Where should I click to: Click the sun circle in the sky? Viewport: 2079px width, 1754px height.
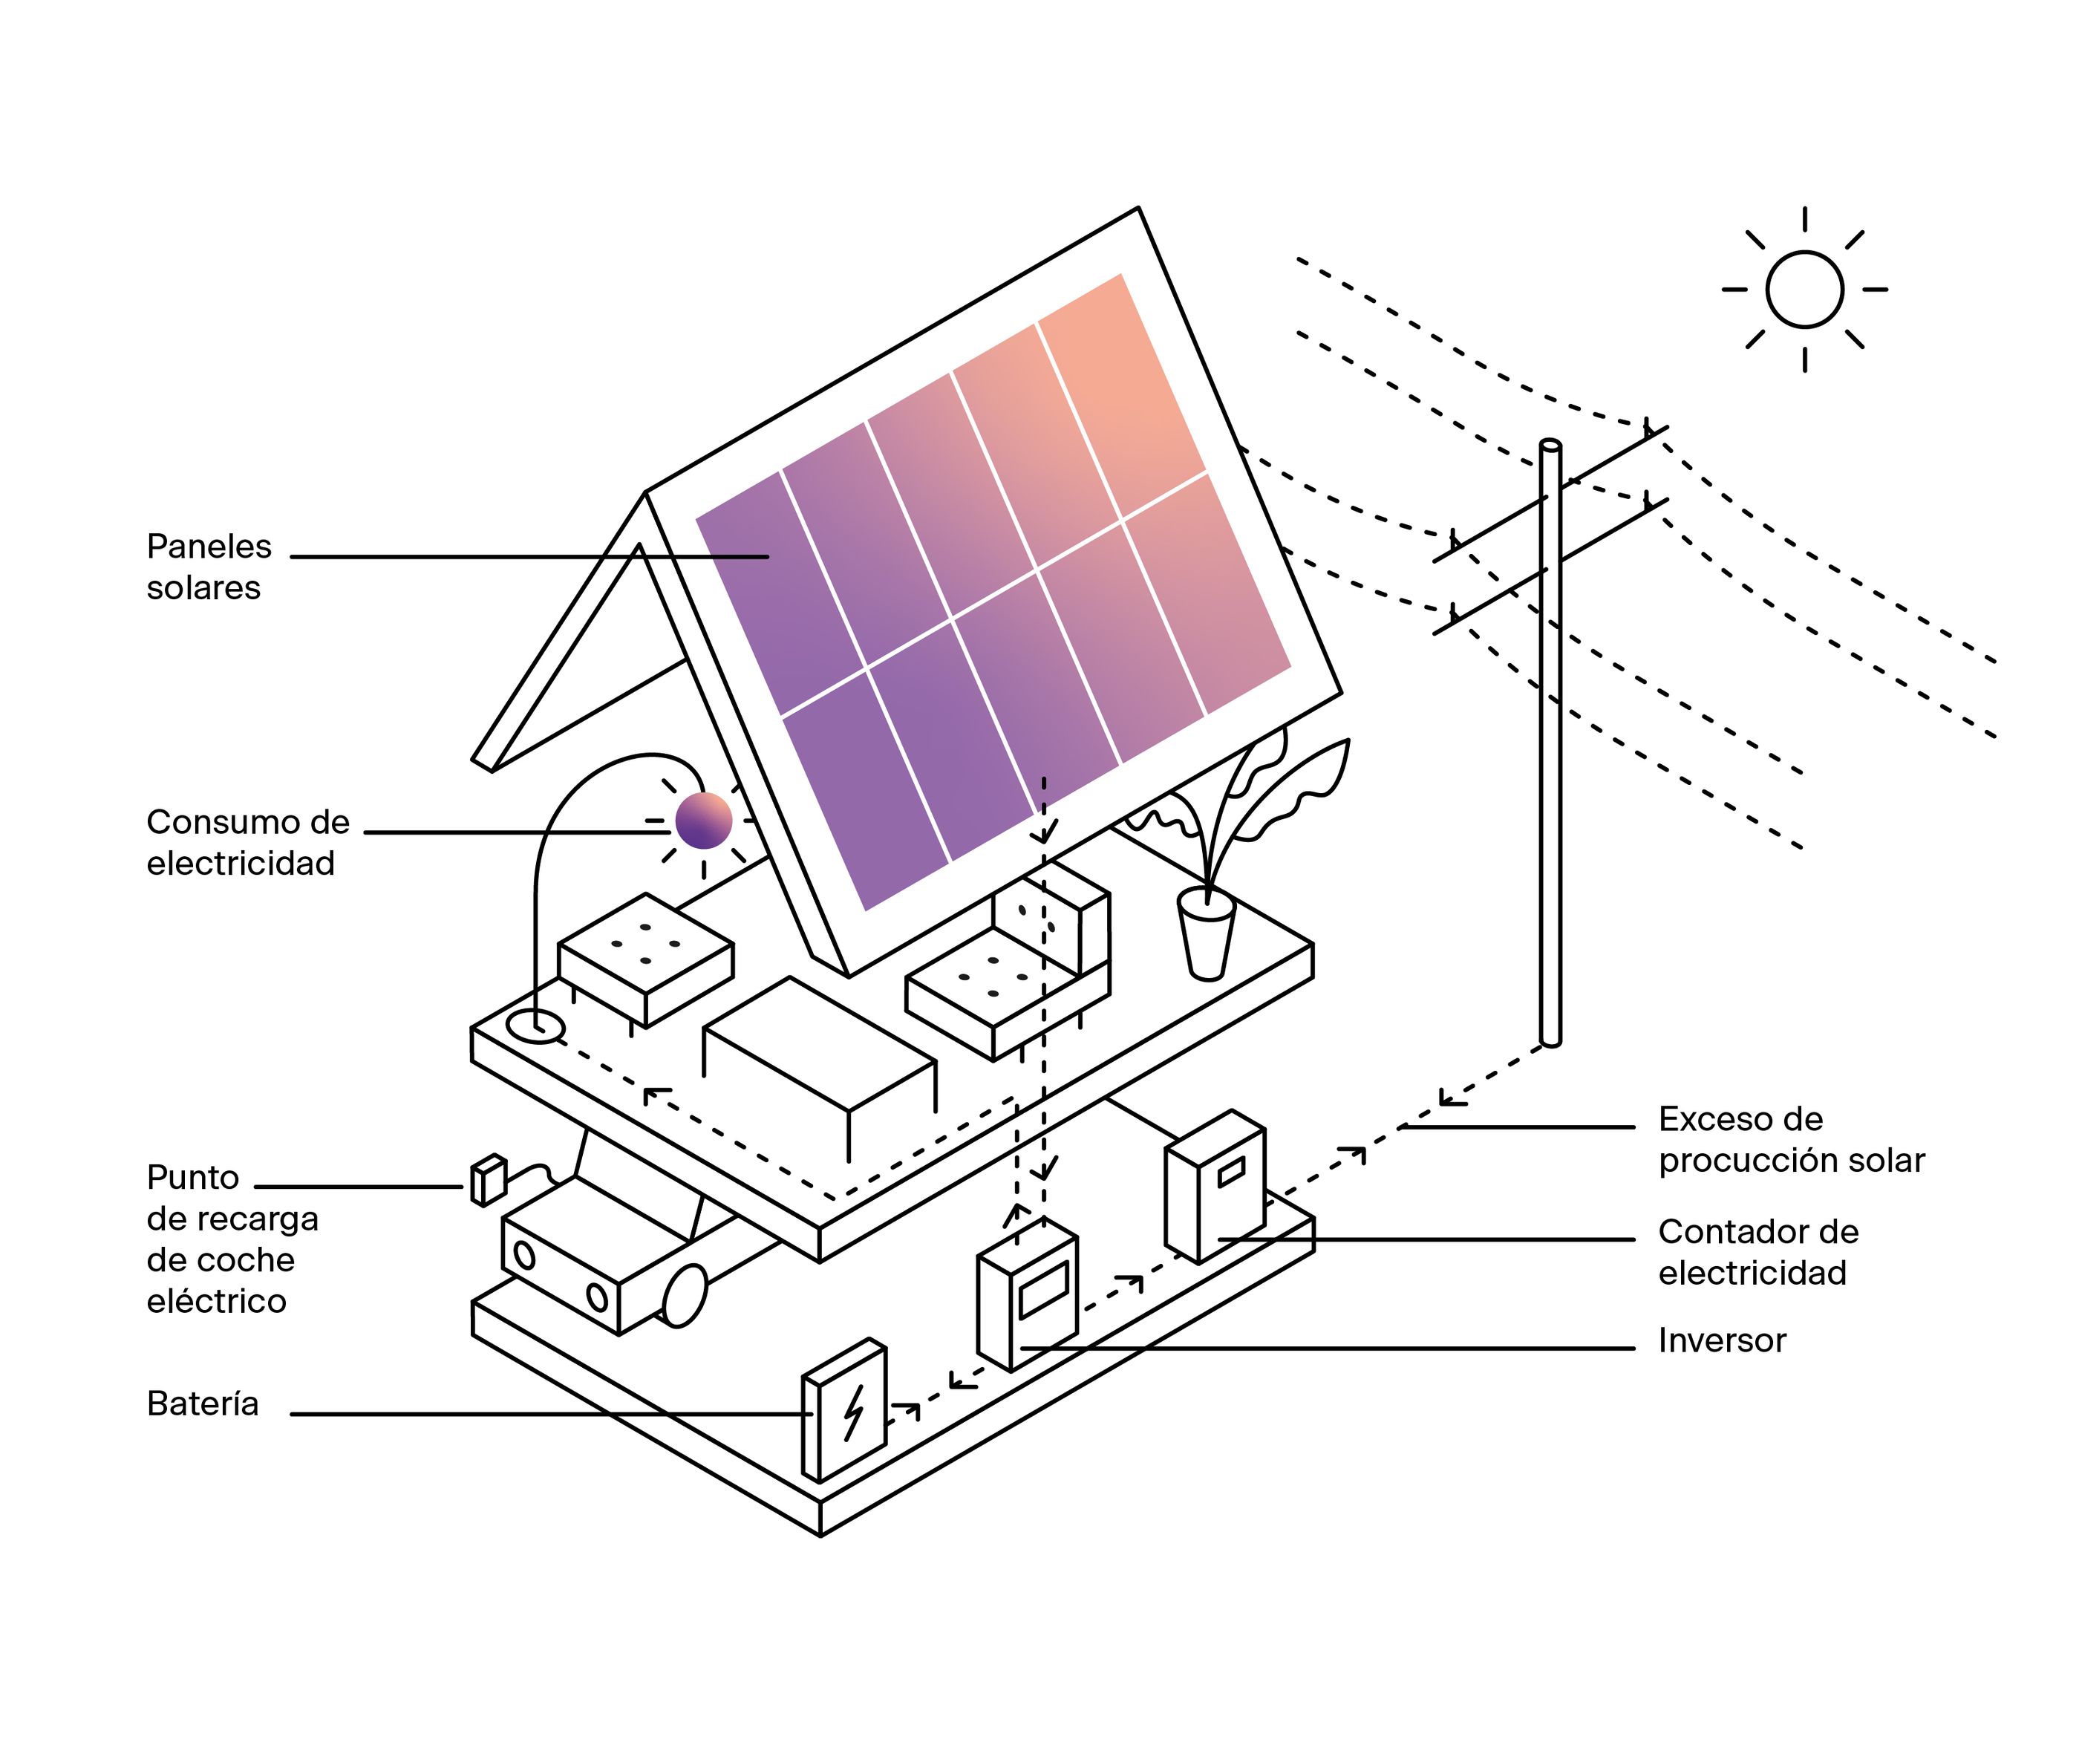[x=1804, y=290]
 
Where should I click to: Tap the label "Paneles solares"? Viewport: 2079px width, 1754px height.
[x=209, y=567]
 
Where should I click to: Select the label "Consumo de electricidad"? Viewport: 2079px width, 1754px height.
[x=247, y=842]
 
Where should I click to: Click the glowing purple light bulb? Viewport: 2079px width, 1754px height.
[x=703, y=821]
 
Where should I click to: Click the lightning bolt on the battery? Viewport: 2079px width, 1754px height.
[x=853, y=1413]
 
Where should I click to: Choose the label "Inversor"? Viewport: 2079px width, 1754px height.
[x=1722, y=1340]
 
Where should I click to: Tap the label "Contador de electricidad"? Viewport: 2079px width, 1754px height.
[x=1757, y=1252]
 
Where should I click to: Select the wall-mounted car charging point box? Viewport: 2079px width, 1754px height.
[x=488, y=1180]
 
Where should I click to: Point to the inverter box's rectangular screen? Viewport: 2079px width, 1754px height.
[x=1043, y=1291]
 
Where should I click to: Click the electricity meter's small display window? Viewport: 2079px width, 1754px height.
[x=1231, y=1173]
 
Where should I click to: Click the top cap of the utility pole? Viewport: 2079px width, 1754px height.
[x=1550, y=445]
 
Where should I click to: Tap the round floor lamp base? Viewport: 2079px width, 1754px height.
[x=535, y=1026]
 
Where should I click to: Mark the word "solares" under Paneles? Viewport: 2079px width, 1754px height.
[x=204, y=587]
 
